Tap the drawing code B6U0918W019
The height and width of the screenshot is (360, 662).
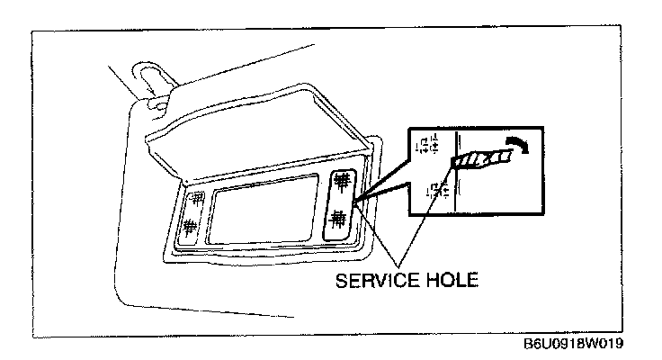click(573, 345)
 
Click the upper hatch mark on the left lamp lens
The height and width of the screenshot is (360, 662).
click(192, 200)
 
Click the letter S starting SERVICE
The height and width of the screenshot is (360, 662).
click(340, 280)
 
